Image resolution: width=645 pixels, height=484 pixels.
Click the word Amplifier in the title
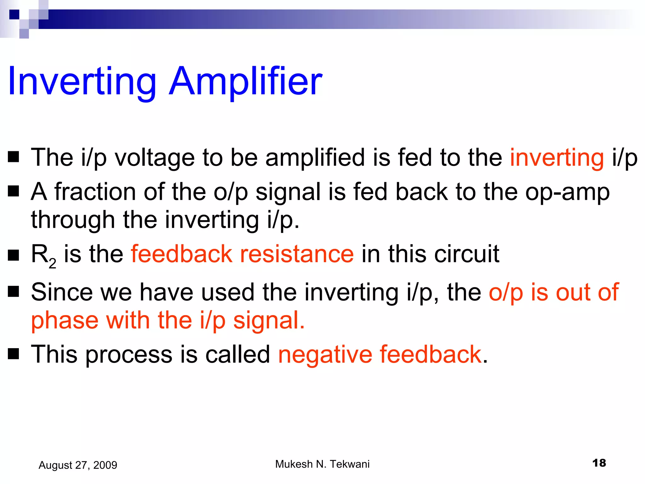(246, 81)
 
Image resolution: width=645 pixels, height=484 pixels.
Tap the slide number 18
(599, 463)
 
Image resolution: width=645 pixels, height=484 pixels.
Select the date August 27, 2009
(78, 465)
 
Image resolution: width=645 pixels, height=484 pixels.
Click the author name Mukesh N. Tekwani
(322, 464)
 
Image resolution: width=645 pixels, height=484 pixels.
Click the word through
(73, 220)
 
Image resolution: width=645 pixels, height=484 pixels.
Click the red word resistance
(297, 254)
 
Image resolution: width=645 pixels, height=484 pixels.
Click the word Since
(62, 292)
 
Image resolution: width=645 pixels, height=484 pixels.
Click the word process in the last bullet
(129, 355)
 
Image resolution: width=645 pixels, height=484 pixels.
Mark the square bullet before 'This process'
(14, 354)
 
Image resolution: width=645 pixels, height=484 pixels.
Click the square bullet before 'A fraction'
(14, 191)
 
